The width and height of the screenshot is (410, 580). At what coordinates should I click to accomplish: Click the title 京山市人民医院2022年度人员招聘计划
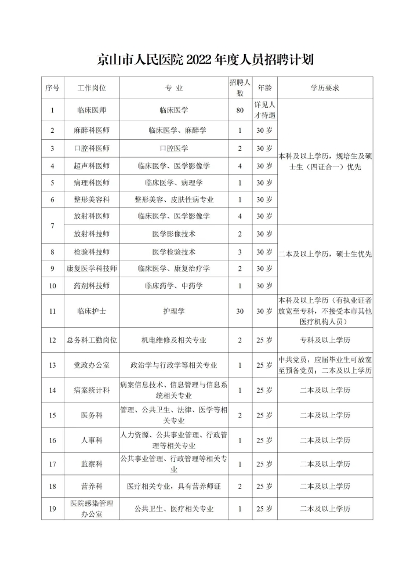coord(205,60)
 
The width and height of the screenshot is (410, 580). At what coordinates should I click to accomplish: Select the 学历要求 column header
coord(325,88)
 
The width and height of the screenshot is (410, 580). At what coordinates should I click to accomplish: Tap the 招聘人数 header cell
coord(240,88)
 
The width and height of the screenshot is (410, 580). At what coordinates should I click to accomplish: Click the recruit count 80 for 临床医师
coord(240,110)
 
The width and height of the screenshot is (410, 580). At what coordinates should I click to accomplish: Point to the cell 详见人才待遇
coord(264,110)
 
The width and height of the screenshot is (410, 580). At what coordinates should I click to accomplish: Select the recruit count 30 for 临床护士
coord(240,311)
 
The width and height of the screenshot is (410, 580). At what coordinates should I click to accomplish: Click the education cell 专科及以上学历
coord(325,340)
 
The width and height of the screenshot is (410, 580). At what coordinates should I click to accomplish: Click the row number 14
coord(52,390)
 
